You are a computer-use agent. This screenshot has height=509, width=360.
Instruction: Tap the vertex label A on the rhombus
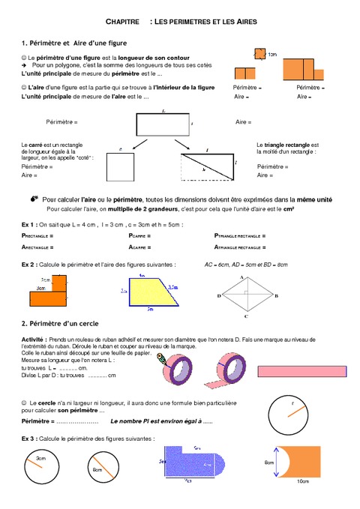[x=241, y=277]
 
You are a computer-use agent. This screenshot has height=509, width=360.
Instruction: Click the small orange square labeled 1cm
[x=258, y=53]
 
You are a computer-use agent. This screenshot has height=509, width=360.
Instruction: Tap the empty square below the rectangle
[x=120, y=169]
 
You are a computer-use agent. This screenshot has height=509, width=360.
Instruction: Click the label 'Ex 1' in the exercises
[x=28, y=224]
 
